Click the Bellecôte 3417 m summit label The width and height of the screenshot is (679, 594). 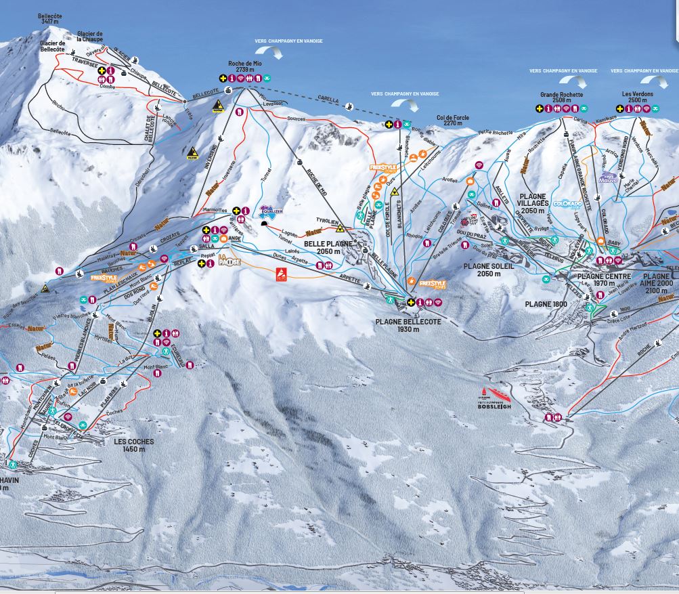pos(49,18)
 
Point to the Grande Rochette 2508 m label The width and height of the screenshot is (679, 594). pos(561,98)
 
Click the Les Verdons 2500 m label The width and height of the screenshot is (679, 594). pos(637,97)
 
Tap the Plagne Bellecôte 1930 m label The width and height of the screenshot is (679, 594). pos(408,325)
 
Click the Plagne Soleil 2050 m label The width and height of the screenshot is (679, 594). pos(486,270)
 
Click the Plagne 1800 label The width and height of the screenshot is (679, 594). pos(546,304)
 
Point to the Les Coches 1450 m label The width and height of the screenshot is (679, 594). pos(133,445)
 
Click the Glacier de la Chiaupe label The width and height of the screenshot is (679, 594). pos(89,36)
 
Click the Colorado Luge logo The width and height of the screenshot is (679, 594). pos(567,203)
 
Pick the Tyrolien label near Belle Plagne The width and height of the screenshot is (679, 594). pos(327,221)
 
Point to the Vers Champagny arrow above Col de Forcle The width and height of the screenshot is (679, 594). pos(405,104)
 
